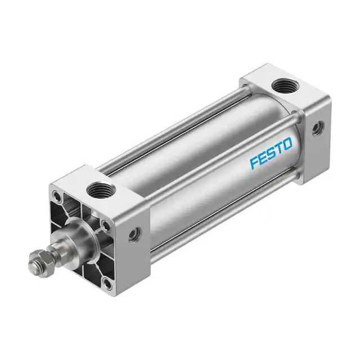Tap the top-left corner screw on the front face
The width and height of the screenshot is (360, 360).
coord(56,197)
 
